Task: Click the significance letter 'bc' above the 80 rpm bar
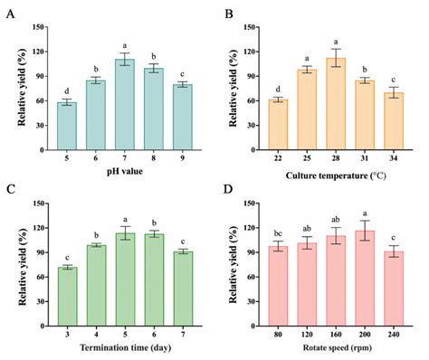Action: [278, 232]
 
